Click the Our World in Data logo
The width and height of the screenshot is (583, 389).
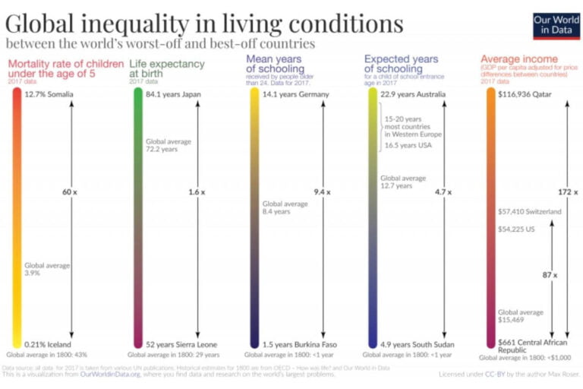pyautogui.click(x=553, y=25)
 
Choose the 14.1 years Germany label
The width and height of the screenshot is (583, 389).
pyautogui.click(x=296, y=94)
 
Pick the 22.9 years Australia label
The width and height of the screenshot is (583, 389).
pyautogui.click(x=414, y=94)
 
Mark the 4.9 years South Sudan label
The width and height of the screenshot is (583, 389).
pyautogui.click(x=418, y=344)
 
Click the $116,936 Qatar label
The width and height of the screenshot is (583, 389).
pyautogui.click(x=525, y=94)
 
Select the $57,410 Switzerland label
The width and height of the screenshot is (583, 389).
pyautogui.click(x=530, y=211)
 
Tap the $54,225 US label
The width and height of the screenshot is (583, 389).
pyautogui.click(x=516, y=228)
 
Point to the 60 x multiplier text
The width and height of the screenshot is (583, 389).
pyautogui.click(x=70, y=192)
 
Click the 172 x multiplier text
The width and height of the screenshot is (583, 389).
pyautogui.click(x=566, y=192)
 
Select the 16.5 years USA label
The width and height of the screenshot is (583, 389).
pyautogui.click(x=404, y=144)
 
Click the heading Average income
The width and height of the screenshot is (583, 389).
pyautogui.click(x=518, y=59)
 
